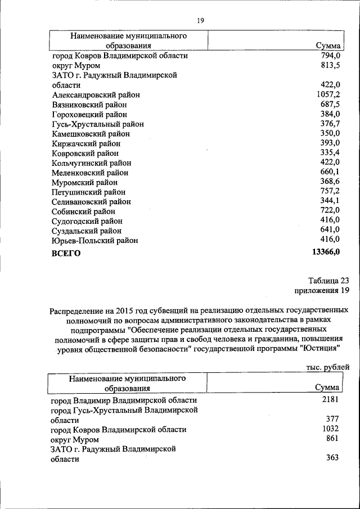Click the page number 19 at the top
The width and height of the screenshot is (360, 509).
200,21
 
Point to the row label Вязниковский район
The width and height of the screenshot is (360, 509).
89,105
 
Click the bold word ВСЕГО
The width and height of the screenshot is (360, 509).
66,253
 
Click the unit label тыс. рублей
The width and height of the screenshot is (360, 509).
328,367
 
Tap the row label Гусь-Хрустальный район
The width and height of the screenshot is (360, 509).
97,124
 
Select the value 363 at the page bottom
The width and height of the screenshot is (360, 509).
332,458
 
